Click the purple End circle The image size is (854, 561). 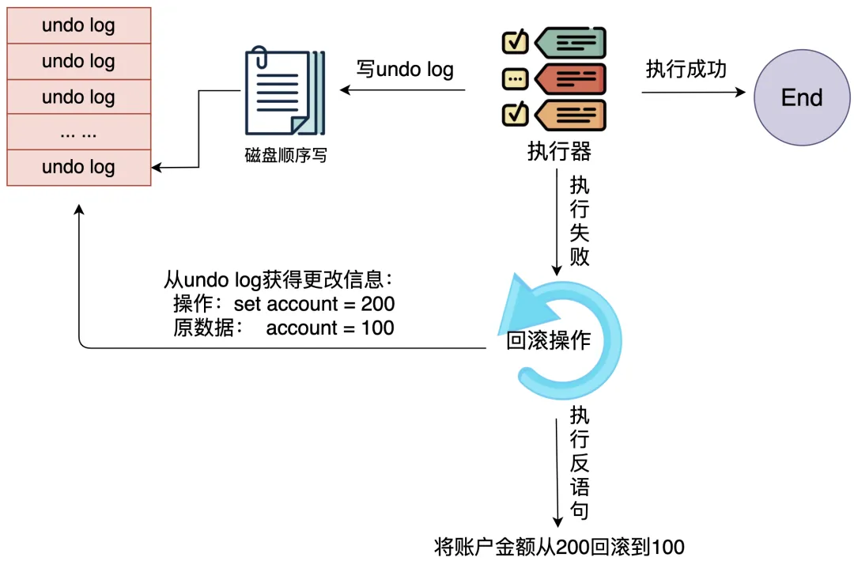point(802,98)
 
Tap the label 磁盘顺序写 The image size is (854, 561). point(285,156)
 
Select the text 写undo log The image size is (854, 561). point(405,70)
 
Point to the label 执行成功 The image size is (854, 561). point(686,70)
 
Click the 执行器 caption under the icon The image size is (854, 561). point(559,151)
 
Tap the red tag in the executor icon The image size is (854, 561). point(570,79)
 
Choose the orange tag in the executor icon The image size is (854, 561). point(570,115)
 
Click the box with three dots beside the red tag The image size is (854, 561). point(516,79)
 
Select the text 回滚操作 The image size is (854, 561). point(549,340)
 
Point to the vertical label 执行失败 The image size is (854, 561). point(580,221)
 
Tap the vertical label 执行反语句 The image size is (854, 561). point(580,463)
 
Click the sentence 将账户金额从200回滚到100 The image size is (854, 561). point(559,547)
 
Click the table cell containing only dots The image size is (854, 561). point(78,132)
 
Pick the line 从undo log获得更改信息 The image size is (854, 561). point(278,280)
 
